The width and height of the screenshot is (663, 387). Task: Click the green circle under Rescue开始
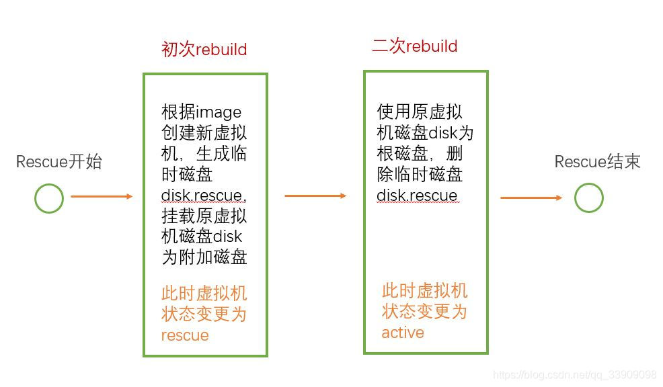49,198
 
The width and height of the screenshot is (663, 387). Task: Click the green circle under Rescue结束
588,198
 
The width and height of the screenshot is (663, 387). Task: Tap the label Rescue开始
59,162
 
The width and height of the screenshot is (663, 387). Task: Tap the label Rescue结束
597,162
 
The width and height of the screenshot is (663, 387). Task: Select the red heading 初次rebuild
204,50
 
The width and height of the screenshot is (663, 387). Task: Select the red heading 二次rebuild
415,46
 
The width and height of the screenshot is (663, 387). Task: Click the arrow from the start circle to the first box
102,196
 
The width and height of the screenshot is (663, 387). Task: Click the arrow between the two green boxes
315,196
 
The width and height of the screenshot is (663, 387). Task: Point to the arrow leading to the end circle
531,198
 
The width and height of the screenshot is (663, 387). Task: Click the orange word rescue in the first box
185,335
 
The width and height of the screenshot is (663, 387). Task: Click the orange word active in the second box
403,333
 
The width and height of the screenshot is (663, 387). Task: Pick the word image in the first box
218,112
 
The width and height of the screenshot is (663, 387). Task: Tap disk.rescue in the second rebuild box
417,196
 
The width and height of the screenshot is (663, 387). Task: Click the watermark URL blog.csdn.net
574,375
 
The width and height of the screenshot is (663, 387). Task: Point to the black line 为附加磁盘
204,257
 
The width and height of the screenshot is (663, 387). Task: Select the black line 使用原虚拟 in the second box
420,112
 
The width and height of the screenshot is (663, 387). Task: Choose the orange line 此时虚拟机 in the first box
204,294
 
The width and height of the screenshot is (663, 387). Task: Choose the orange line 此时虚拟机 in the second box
424,291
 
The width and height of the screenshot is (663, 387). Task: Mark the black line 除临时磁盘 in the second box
420,175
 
